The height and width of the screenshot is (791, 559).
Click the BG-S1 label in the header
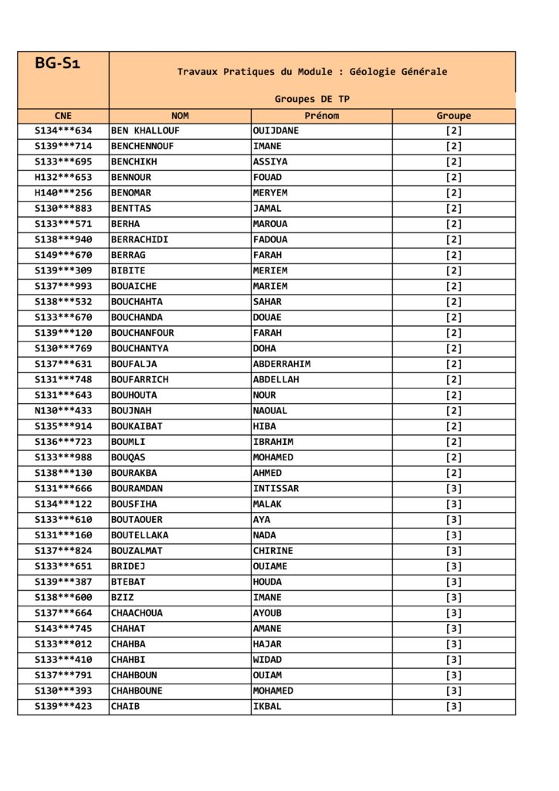(x=58, y=63)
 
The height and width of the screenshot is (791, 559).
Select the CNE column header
(x=63, y=116)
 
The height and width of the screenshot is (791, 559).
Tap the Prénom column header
(x=321, y=116)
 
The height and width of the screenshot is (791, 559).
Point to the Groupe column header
(x=453, y=116)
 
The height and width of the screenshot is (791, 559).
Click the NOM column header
(x=180, y=116)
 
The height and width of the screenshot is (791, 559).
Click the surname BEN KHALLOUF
(x=145, y=131)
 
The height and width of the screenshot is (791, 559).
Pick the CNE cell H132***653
(x=63, y=177)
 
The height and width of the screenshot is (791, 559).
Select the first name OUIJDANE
(x=276, y=131)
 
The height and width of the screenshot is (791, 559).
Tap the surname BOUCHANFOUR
(x=142, y=333)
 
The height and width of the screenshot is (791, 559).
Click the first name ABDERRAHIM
(x=282, y=364)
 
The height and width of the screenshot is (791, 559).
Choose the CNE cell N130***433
(x=63, y=411)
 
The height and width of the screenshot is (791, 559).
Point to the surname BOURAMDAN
(x=137, y=488)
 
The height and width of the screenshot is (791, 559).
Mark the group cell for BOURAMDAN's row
(x=453, y=488)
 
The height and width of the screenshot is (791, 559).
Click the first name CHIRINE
(x=273, y=551)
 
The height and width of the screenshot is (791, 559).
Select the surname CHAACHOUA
(x=137, y=613)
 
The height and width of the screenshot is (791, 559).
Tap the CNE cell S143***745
(x=63, y=629)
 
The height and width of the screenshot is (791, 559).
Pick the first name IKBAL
(x=267, y=706)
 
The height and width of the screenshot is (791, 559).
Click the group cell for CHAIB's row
(x=453, y=706)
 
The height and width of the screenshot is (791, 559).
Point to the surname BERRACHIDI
(x=139, y=239)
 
